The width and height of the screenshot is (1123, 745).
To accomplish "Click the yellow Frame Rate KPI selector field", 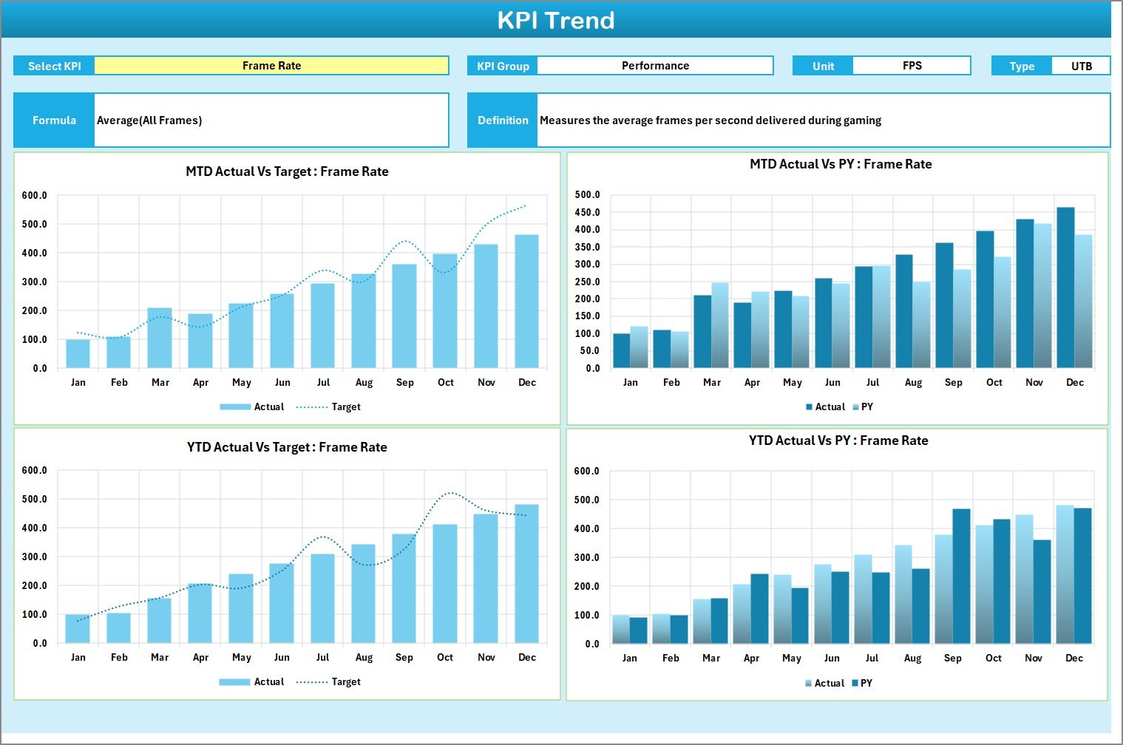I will (x=271, y=66).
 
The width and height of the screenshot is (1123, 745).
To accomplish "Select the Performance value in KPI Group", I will (x=655, y=66).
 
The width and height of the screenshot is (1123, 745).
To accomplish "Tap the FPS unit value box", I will (x=912, y=66).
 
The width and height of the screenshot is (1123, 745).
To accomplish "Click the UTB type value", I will (x=1081, y=66).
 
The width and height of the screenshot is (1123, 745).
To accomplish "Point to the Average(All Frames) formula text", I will (x=149, y=120).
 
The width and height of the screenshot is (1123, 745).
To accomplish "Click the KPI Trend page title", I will (x=556, y=20).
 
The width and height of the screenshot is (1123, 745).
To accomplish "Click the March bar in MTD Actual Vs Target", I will (x=160, y=338).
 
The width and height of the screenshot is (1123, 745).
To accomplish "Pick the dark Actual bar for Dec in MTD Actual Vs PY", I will (x=1065, y=288).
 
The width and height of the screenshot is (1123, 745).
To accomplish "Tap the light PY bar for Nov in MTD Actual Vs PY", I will (x=1042, y=296).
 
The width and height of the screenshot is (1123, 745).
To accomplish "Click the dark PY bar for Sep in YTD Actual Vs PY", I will (x=961, y=576).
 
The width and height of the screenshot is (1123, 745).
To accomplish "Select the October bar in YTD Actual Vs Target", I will (x=445, y=584).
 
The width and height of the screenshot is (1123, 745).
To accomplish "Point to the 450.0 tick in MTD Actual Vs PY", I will (x=587, y=213).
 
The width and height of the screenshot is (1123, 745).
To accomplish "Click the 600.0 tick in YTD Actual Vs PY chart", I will (x=586, y=472).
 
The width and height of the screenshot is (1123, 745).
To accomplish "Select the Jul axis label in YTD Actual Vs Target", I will (x=322, y=658).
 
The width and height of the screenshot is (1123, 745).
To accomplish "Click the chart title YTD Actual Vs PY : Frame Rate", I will (x=838, y=441).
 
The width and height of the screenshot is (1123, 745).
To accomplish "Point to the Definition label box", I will (x=503, y=120).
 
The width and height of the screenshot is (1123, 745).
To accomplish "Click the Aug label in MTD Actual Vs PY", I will (x=913, y=383).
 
